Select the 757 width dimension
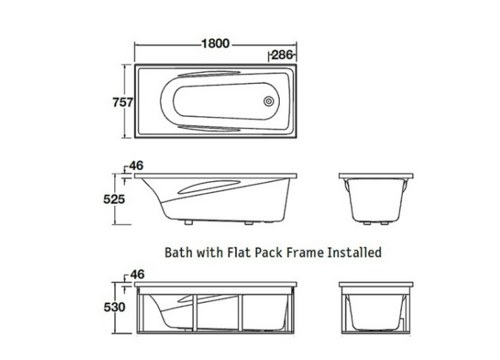(x=123, y=102)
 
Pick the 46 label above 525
(x=135, y=166)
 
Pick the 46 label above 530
(x=135, y=274)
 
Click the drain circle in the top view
(x=270, y=101)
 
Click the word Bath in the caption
(x=178, y=252)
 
